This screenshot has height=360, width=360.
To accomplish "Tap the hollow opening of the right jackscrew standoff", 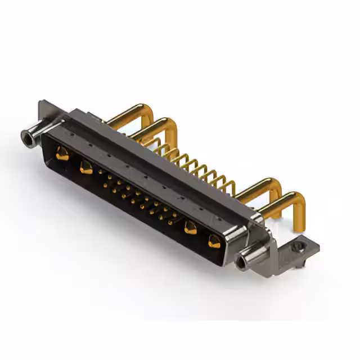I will coord(243,262).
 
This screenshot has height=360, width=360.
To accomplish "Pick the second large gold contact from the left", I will coord(86,167).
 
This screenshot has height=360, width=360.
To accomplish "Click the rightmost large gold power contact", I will coord(214,241).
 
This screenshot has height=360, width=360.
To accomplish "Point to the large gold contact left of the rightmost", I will coord(191,227).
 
